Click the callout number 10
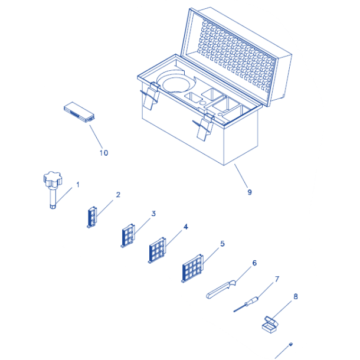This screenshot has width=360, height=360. pyautogui.click(x=104, y=153)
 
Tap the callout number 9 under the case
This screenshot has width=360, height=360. pyautogui.click(x=250, y=192)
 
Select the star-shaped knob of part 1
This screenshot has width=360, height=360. pyautogui.click(x=53, y=179)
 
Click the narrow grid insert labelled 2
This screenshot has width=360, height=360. pyautogui.click(x=92, y=217)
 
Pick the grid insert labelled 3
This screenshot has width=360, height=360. pyautogui.click(x=128, y=235)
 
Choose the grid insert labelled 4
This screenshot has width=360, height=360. pyautogui.click(x=157, y=250)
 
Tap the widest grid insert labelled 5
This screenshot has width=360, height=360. pyautogui.click(x=192, y=268)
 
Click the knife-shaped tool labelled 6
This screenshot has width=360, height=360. pyautogui.click(x=221, y=289)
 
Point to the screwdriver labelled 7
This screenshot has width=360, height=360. pyautogui.click(x=246, y=304)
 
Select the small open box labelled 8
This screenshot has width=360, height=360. pyautogui.click(x=270, y=325)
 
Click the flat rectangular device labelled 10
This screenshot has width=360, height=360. pyautogui.click(x=79, y=112)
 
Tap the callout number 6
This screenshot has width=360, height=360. pyautogui.click(x=254, y=263)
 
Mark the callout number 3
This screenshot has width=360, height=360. pyautogui.click(x=153, y=214)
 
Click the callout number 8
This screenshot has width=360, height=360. pyautogui.click(x=296, y=297)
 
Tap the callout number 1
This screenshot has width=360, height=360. pyautogui.click(x=77, y=185)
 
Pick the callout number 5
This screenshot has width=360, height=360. pyautogui.click(x=222, y=244)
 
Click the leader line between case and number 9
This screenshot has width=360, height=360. pyautogui.click(x=241, y=176)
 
